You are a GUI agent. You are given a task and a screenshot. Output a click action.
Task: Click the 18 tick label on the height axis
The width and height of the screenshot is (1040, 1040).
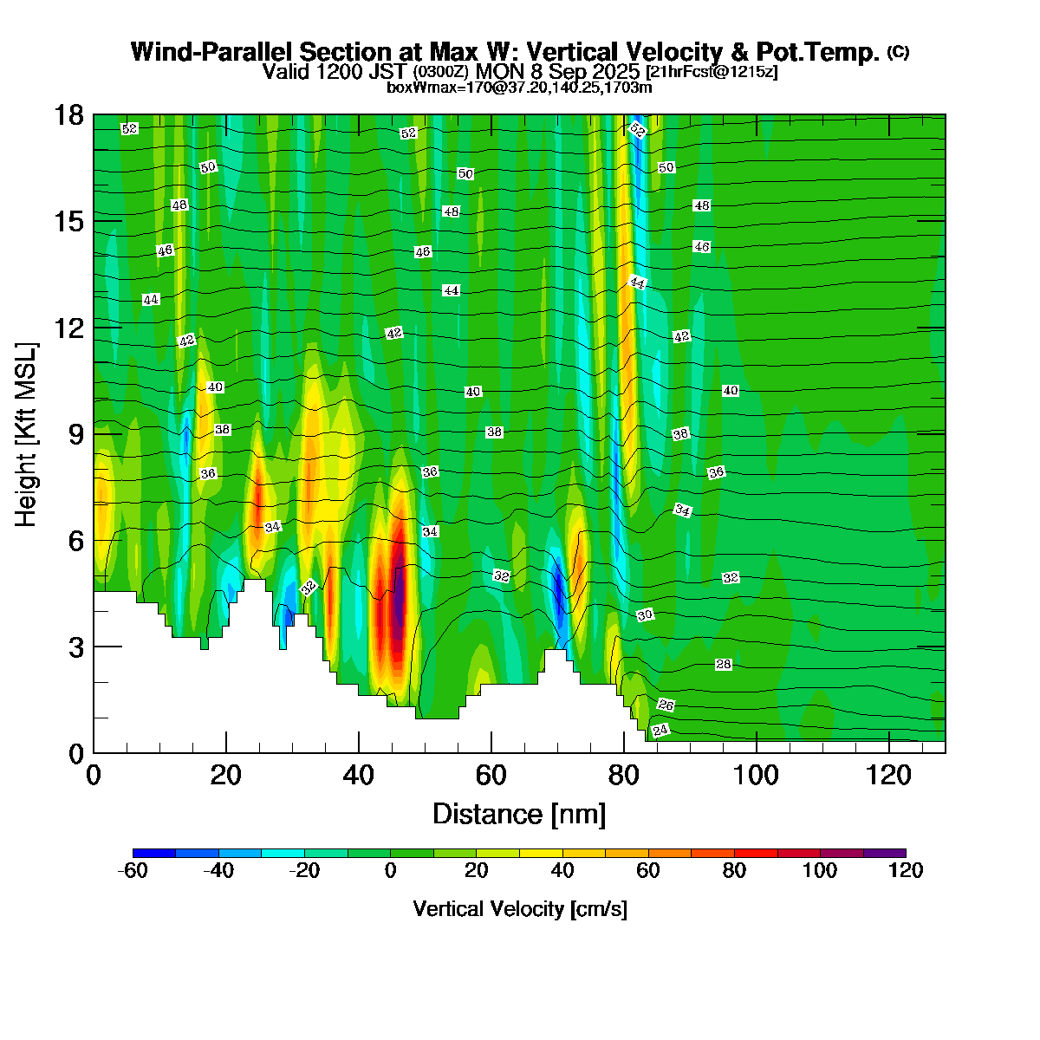[x=70, y=115]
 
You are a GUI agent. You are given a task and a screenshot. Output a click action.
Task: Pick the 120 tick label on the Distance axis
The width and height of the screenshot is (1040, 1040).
[x=889, y=775]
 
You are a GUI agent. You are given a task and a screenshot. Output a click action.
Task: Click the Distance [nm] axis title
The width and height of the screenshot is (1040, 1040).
[x=518, y=815]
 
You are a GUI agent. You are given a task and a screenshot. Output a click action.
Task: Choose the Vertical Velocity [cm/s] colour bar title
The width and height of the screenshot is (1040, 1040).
[x=520, y=909]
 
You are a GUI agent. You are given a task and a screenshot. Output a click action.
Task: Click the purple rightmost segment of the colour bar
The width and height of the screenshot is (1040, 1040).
[x=884, y=854]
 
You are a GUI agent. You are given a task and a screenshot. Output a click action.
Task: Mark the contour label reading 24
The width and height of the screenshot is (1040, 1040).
[x=660, y=731]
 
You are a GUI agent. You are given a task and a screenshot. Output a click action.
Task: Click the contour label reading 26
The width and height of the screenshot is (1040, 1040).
[x=666, y=705]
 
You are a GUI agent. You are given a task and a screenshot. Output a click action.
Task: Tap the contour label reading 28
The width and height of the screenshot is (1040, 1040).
[x=724, y=665]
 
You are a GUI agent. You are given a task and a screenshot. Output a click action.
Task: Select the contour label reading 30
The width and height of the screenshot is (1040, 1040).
[x=645, y=615]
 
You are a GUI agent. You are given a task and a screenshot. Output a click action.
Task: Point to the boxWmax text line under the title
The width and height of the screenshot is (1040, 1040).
[x=519, y=88]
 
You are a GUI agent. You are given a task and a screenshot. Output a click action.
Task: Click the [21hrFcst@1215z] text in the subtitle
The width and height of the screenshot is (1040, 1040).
[x=712, y=72]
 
